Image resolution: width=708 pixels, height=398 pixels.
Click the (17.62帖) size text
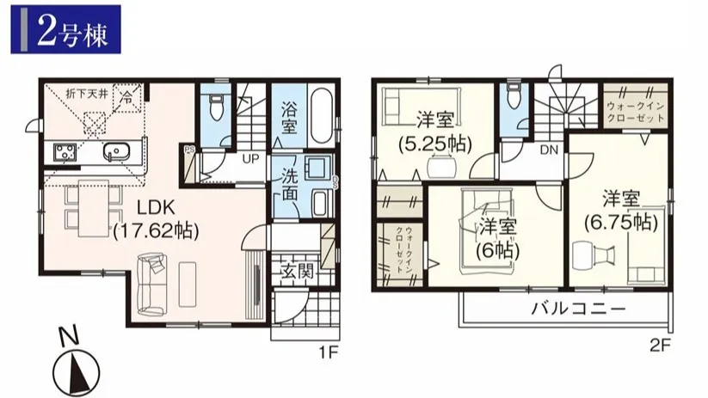point(157,230)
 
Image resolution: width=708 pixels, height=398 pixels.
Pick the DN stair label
point(550,150)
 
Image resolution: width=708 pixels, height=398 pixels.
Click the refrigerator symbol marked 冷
point(128,97)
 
